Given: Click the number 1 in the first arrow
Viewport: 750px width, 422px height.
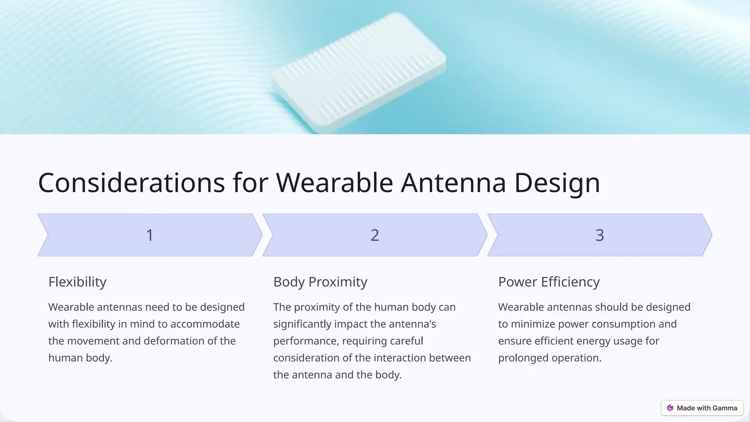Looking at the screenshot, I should pyautogui.click(x=149, y=235).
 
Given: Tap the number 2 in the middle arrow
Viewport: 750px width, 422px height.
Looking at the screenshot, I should pyautogui.click(x=375, y=235).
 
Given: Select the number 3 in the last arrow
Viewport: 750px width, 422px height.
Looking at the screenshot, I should pyautogui.click(x=599, y=235).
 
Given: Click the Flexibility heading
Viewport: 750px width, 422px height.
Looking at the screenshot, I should pyautogui.click(x=77, y=282).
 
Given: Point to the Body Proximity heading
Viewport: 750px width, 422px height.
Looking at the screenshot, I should pyautogui.click(x=320, y=282).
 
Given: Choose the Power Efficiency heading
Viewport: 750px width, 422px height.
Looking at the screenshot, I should pyautogui.click(x=549, y=282).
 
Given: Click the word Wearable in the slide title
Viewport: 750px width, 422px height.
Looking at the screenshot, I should pyautogui.click(x=334, y=182).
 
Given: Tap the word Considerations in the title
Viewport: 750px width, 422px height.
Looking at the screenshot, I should pyautogui.click(x=131, y=182).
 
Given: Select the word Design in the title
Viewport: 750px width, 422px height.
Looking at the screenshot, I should pyautogui.click(x=557, y=182).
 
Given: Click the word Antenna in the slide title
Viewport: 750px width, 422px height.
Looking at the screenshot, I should pyautogui.click(x=453, y=182).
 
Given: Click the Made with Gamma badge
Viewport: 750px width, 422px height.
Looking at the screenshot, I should pyautogui.click(x=702, y=408).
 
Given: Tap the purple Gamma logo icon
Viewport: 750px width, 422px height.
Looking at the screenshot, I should pyautogui.click(x=670, y=408).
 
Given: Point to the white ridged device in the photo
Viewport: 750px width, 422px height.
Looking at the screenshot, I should pyautogui.click(x=359, y=71).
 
